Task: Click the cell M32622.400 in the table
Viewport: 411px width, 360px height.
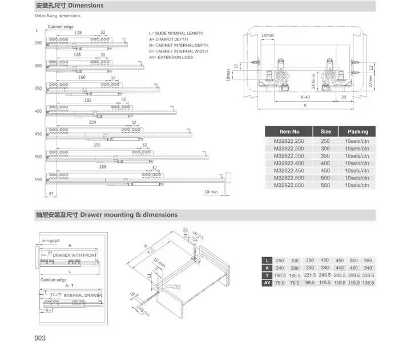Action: pos(289,163)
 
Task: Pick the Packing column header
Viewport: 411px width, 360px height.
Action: pos(357,131)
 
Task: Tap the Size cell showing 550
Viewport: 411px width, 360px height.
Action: pos(325,185)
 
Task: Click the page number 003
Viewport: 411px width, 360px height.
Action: pos(39,338)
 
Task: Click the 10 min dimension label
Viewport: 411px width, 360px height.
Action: pos(211,192)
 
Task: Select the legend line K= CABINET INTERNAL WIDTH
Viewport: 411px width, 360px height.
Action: pos(179,51)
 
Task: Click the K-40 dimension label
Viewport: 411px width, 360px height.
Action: pos(305,97)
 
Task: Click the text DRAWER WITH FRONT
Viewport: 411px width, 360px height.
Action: pos(75,254)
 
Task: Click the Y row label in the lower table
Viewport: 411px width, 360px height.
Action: pos(266,274)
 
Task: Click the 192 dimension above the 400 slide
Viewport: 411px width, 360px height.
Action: pos(88,99)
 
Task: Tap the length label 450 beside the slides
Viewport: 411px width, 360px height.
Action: pos(38,134)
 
